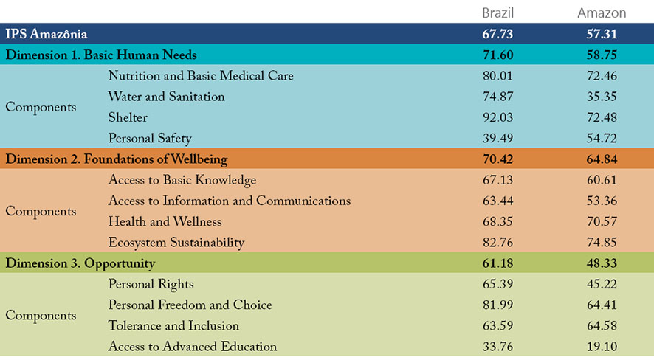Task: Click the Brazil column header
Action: tap(498, 13)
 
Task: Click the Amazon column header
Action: tap(602, 13)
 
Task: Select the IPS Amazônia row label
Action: tap(47, 34)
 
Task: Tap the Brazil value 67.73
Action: tap(498, 34)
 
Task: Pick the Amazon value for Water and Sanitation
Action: tap(602, 97)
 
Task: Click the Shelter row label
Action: tap(128, 118)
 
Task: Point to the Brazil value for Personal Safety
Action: tap(498, 139)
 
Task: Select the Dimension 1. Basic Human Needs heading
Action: tap(101, 55)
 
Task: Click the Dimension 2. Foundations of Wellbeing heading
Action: tap(117, 159)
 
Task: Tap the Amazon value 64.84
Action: tap(602, 159)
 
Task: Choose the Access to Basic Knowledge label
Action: tap(182, 181)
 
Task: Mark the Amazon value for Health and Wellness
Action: tap(602, 222)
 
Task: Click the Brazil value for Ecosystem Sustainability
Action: tap(498, 243)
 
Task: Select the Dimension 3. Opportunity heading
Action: tap(80, 263)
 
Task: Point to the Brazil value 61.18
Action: tap(498, 263)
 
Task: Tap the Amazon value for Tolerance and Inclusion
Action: tap(602, 326)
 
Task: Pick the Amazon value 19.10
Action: tap(602, 347)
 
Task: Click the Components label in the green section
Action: tap(41, 316)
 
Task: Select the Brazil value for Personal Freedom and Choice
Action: tap(498, 305)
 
